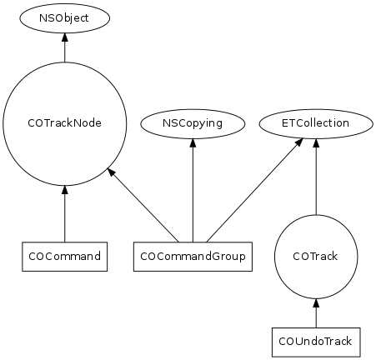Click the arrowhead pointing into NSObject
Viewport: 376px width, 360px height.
pos(65,37)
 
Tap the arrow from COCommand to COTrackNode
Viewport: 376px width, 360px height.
pos(65,213)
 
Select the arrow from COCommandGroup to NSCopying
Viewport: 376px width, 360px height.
pos(193,190)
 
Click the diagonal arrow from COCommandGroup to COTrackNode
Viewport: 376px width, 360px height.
pos(143,205)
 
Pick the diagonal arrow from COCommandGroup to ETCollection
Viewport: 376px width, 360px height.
pos(255,190)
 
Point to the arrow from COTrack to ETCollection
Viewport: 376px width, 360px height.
pos(316,177)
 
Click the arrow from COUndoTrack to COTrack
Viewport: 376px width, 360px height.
pos(316,313)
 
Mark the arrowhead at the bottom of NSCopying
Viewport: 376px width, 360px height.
pos(193,142)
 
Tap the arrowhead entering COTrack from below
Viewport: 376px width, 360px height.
pos(316,302)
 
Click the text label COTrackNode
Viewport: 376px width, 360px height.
pos(65,123)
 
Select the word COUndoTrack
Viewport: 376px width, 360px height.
pos(315,342)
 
